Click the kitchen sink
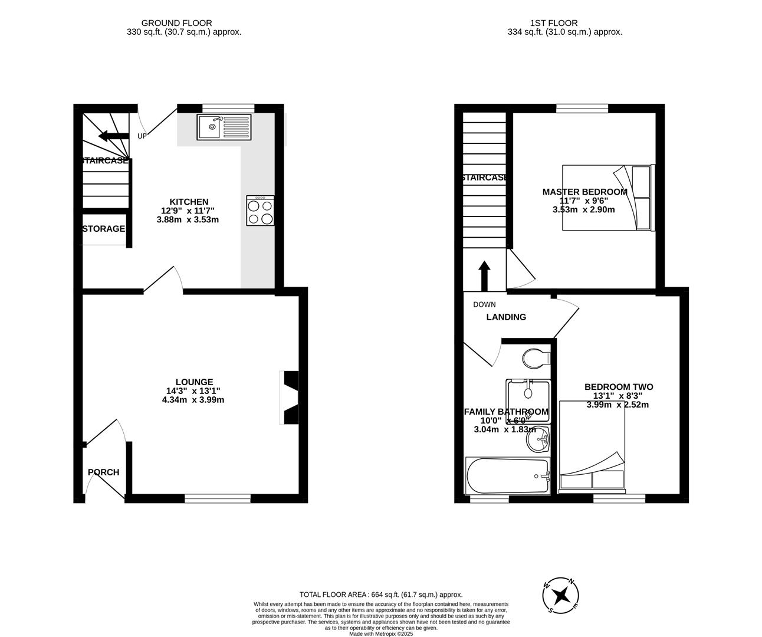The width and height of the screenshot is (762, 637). pyautogui.click(x=224, y=127)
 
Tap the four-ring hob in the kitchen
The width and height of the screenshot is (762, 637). pyautogui.click(x=260, y=211)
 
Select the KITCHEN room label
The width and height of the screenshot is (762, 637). pyautogui.click(x=189, y=202)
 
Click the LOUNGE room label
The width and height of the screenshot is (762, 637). pyautogui.click(x=194, y=382)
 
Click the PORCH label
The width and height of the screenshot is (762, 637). pyautogui.click(x=104, y=472)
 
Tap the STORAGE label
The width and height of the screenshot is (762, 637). pyautogui.click(x=104, y=229)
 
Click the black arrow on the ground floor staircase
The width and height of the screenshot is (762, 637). pyautogui.click(x=113, y=137)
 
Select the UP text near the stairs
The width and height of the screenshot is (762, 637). pyautogui.click(x=142, y=136)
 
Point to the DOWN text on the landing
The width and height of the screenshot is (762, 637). pyautogui.click(x=484, y=305)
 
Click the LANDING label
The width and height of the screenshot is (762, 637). pyautogui.click(x=506, y=317)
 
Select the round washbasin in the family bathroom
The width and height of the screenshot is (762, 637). pyautogui.click(x=538, y=439)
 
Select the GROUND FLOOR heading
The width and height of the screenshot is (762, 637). pyautogui.click(x=185, y=23)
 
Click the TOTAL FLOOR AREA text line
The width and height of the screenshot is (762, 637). pyautogui.click(x=381, y=595)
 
